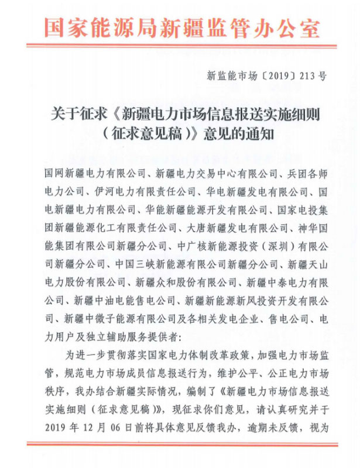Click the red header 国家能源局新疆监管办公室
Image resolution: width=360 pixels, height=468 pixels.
180,26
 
